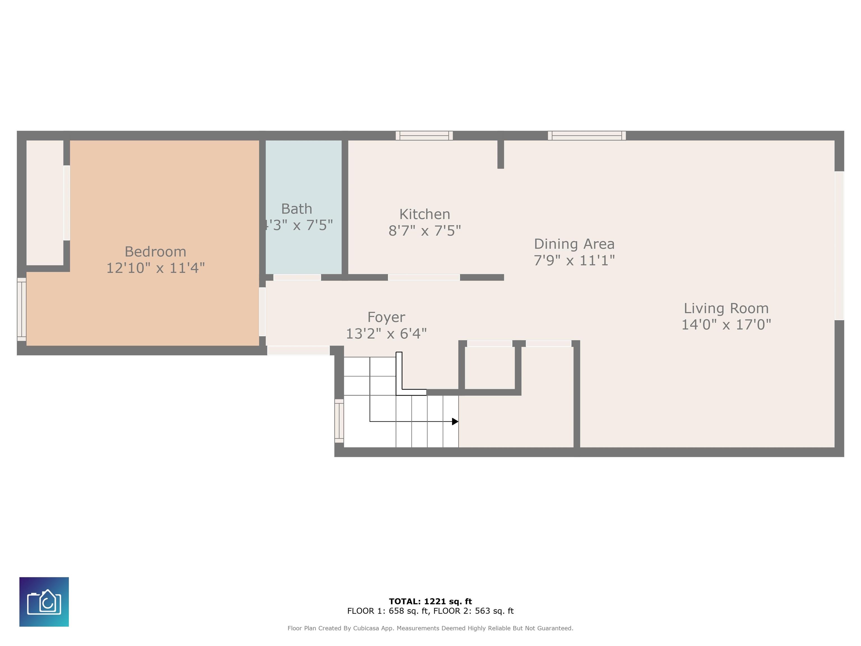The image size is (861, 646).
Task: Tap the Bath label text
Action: point(297,209)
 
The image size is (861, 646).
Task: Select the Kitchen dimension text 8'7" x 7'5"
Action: point(425,230)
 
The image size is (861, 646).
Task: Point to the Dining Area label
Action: point(574,244)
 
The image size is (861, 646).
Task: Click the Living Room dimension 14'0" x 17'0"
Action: point(726,324)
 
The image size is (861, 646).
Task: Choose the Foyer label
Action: point(386,317)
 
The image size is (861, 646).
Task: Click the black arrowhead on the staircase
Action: point(455,421)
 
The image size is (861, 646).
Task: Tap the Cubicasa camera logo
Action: point(44,602)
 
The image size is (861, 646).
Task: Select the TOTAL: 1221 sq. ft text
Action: point(430,601)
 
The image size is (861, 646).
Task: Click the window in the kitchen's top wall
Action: point(424,135)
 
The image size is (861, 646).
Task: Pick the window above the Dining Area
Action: point(587,135)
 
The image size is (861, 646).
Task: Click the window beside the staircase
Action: point(339,421)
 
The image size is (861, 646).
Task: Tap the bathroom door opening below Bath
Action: point(297,277)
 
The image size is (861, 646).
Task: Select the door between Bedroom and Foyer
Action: point(262,312)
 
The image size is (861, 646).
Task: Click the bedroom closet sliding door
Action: point(66,203)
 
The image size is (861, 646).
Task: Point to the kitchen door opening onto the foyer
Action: point(424,277)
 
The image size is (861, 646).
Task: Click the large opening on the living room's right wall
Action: point(839,246)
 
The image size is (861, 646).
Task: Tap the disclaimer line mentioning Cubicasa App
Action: point(430,628)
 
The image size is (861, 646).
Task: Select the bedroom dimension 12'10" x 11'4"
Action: point(155,268)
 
